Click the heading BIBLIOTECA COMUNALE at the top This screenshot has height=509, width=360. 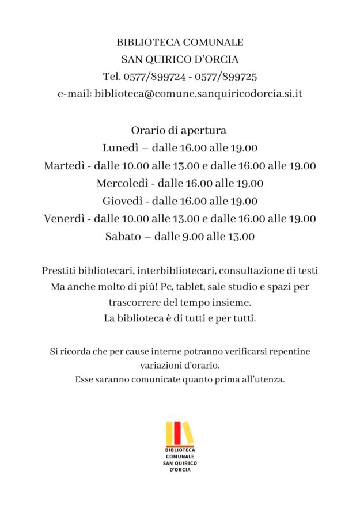tap(180, 43)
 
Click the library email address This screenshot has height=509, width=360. tap(199, 93)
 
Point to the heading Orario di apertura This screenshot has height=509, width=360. tap(179, 130)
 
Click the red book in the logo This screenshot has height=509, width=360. tap(177, 434)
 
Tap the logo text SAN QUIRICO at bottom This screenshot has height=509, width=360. tap(180, 463)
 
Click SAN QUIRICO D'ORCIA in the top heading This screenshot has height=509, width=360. tap(180, 59)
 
